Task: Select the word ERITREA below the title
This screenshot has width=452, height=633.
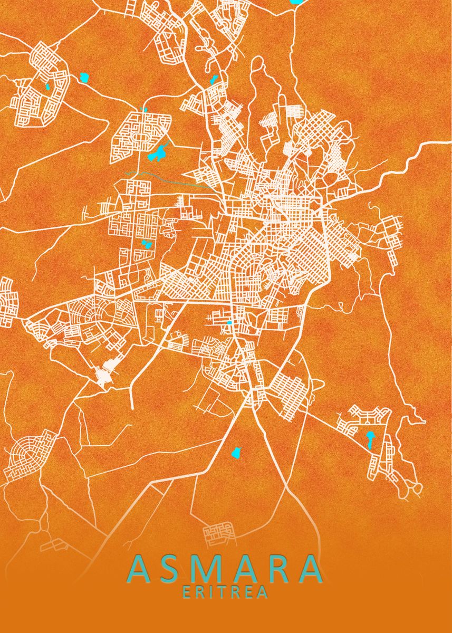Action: (225, 593)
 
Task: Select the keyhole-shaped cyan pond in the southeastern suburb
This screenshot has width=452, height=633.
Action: (370, 439)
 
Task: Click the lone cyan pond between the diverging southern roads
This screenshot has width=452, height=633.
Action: (237, 452)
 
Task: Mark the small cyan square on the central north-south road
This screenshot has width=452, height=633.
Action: (229, 322)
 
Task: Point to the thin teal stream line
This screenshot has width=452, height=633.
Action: (169, 177)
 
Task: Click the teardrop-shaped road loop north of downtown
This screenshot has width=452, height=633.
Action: (257, 69)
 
